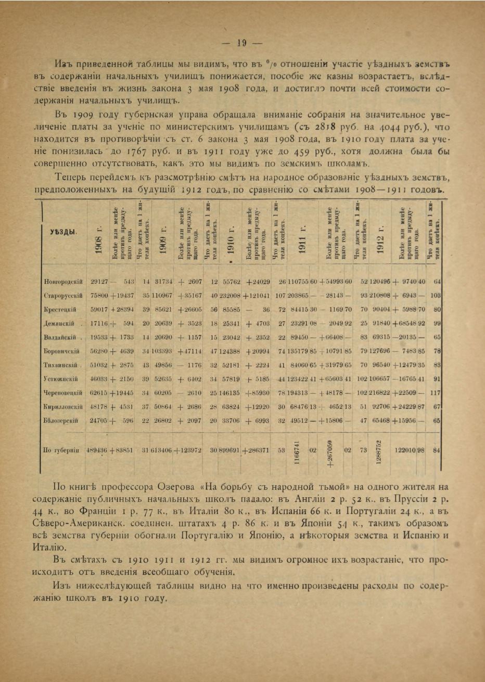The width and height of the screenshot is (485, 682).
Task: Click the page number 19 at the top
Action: click(242, 43)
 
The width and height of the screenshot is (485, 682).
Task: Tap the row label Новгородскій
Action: click(63, 282)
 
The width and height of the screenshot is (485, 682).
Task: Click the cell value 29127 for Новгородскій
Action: click(99, 282)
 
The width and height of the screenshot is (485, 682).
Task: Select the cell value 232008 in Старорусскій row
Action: click(229, 295)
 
